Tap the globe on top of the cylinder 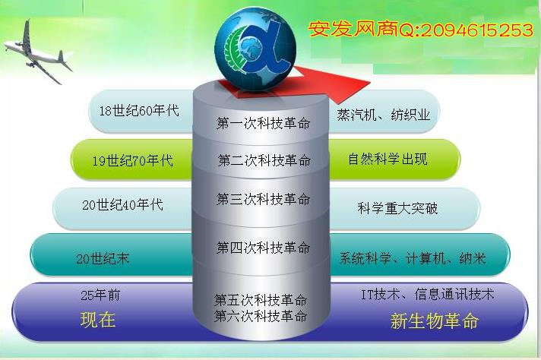[255, 49]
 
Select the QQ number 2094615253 [477, 30]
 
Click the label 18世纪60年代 [139, 111]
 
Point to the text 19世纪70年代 [132, 160]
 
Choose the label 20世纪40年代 [122, 204]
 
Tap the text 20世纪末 [103, 259]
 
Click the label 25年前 [100, 295]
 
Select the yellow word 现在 [98, 319]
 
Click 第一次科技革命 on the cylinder [263, 123]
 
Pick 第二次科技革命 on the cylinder [264, 160]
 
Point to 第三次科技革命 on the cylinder [263, 199]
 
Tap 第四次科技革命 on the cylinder [263, 248]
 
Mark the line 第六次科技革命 [261, 316]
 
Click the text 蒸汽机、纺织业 [384, 115]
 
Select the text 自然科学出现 [388, 159]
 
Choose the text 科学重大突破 [397, 208]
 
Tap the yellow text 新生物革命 [435, 321]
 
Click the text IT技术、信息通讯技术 [428, 294]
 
